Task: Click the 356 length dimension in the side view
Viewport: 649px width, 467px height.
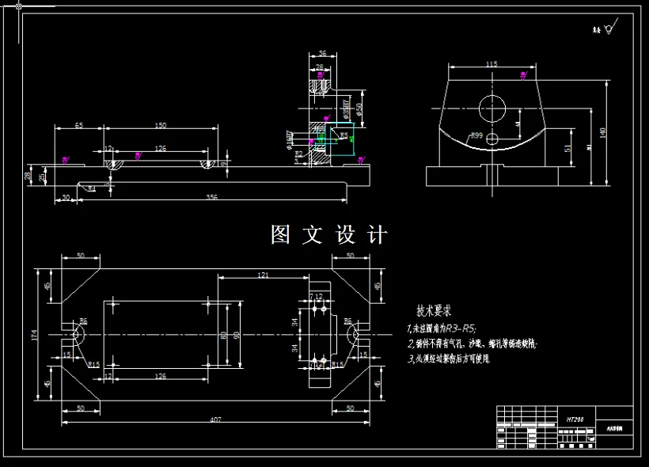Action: (211, 196)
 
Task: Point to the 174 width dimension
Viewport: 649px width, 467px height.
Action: (33, 336)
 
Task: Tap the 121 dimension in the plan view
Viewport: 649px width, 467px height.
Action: (263, 275)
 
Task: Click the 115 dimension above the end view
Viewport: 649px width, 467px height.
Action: (491, 63)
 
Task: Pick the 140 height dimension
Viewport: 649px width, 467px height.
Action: (603, 133)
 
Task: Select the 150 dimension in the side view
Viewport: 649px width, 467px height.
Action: (160, 126)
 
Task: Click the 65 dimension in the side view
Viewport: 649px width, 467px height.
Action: (79, 126)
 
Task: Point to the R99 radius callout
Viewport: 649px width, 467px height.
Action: (476, 136)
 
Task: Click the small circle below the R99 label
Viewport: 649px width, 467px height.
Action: (492, 139)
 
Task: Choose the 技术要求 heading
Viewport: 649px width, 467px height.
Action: (434, 311)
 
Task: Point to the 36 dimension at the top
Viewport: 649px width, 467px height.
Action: (321, 54)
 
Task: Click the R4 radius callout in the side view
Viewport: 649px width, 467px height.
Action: (92, 188)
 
